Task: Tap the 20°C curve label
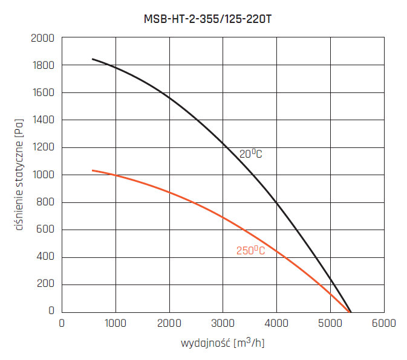coord(250,154)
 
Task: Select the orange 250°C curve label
coord(250,251)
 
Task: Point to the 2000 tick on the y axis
coord(43,38)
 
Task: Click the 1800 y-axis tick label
coord(43,65)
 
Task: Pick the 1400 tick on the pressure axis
coord(43,120)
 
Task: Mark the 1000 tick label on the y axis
coord(43,175)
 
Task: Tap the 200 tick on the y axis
coord(45,284)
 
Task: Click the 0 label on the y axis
coord(51,311)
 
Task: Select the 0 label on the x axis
coord(62,323)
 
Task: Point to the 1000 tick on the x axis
coord(115,323)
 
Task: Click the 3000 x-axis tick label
coord(223,323)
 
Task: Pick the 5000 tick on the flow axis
coord(330,323)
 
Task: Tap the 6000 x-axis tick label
coord(384,323)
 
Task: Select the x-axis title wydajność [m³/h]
coord(223,344)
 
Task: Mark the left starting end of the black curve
coord(93,59)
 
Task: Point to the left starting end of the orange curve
coord(93,170)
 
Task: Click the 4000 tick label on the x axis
coord(276,323)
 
